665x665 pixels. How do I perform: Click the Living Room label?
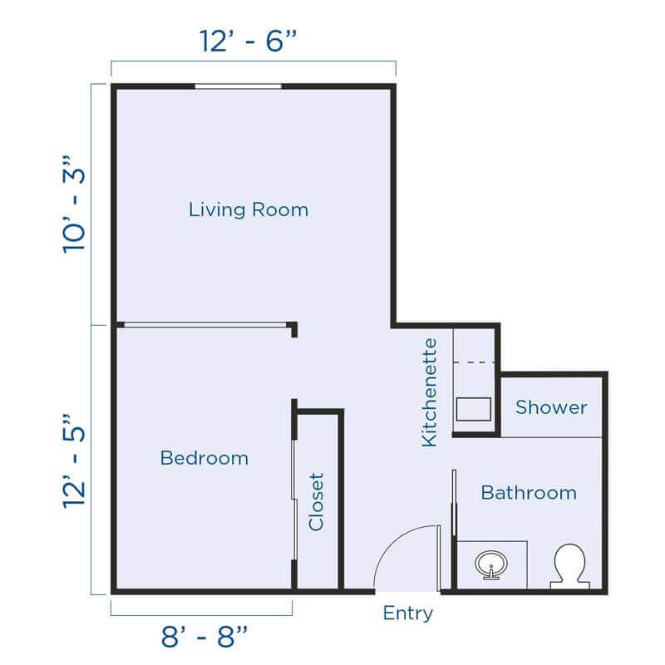point(248,209)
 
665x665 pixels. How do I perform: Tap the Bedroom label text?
point(204,458)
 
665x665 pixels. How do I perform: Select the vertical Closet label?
point(316,502)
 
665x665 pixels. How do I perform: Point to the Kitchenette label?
point(429,392)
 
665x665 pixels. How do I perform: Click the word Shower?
point(551,407)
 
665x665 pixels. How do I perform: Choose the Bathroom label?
point(529,492)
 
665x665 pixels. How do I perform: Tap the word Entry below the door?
point(407,614)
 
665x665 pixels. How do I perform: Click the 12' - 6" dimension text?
point(249,41)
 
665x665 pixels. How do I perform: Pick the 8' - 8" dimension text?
point(204,638)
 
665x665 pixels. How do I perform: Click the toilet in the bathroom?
point(570,566)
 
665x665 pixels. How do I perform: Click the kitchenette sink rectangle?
point(475,410)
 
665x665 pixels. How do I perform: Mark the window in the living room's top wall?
point(238,86)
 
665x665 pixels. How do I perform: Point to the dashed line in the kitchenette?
point(475,362)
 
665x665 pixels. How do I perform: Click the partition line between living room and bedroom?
point(204,325)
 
